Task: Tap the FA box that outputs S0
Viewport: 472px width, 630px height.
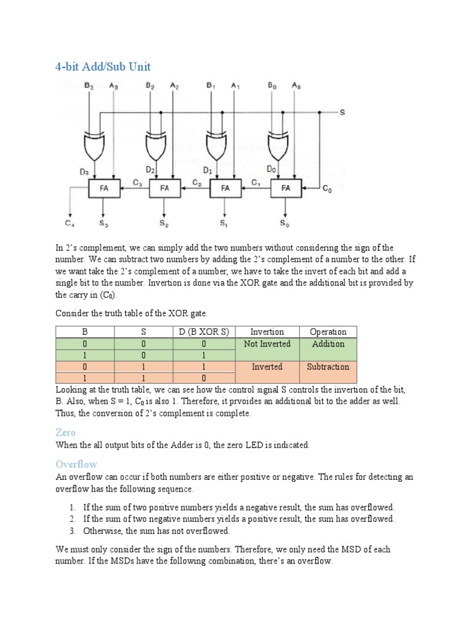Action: pos(286,188)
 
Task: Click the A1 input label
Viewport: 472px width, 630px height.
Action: pos(235,86)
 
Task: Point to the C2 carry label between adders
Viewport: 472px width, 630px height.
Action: pos(197,183)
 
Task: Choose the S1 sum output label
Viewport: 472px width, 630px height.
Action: pos(224,223)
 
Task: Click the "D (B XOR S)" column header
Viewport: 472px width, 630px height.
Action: pos(203,332)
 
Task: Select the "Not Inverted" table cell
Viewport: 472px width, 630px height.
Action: pos(267,344)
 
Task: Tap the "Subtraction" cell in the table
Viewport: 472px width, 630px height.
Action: pos(328,367)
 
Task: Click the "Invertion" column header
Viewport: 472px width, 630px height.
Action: pos(267,332)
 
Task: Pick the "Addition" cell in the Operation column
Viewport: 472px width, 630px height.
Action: pos(328,344)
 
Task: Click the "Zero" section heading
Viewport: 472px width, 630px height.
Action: pos(65,433)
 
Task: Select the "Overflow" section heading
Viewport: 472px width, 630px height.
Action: pos(76,464)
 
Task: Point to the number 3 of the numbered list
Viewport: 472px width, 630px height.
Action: pos(72,530)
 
